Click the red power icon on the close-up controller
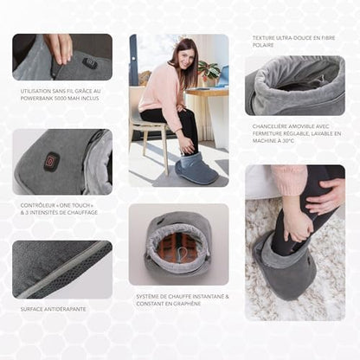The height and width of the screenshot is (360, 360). [x=52, y=161]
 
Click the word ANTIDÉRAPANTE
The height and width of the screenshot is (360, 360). [x=63, y=307]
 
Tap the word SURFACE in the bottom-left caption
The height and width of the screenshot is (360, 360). [x=33, y=307]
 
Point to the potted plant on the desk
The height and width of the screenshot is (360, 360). [x=208, y=69]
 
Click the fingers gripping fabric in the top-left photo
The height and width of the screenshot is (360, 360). [x=59, y=47]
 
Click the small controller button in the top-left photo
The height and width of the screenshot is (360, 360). [x=90, y=62]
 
